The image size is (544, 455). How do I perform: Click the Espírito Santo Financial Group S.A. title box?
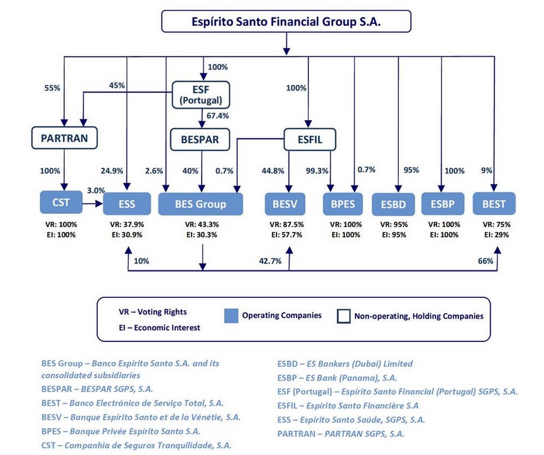coord(286,21)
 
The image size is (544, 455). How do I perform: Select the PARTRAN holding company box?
coord(65,138)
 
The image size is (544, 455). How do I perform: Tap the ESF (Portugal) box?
coord(201,95)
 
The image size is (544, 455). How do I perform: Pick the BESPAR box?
coord(200,140)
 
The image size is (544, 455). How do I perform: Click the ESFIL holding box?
coord(310,140)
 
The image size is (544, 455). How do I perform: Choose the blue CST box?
coord(61,202)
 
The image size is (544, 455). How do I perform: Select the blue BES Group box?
coord(200,204)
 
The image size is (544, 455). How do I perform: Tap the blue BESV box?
coord(285,204)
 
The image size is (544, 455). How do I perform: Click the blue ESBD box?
coord(393,204)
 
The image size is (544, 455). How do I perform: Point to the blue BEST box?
coord(494,204)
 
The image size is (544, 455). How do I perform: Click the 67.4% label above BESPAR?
coord(217,116)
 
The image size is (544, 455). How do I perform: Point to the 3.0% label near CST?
coord(95,190)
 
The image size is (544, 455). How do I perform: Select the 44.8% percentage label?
coord(273,171)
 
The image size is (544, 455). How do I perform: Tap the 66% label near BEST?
coord(486,261)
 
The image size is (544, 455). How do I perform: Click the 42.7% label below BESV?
coord(270,261)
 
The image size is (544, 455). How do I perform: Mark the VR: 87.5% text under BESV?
coord(286,224)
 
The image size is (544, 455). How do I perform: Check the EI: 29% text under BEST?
coord(496,235)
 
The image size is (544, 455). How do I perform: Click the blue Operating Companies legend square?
coord(231,316)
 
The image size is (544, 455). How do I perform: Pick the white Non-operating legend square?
coord(344,316)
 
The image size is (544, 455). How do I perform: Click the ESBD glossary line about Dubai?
coord(345,364)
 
